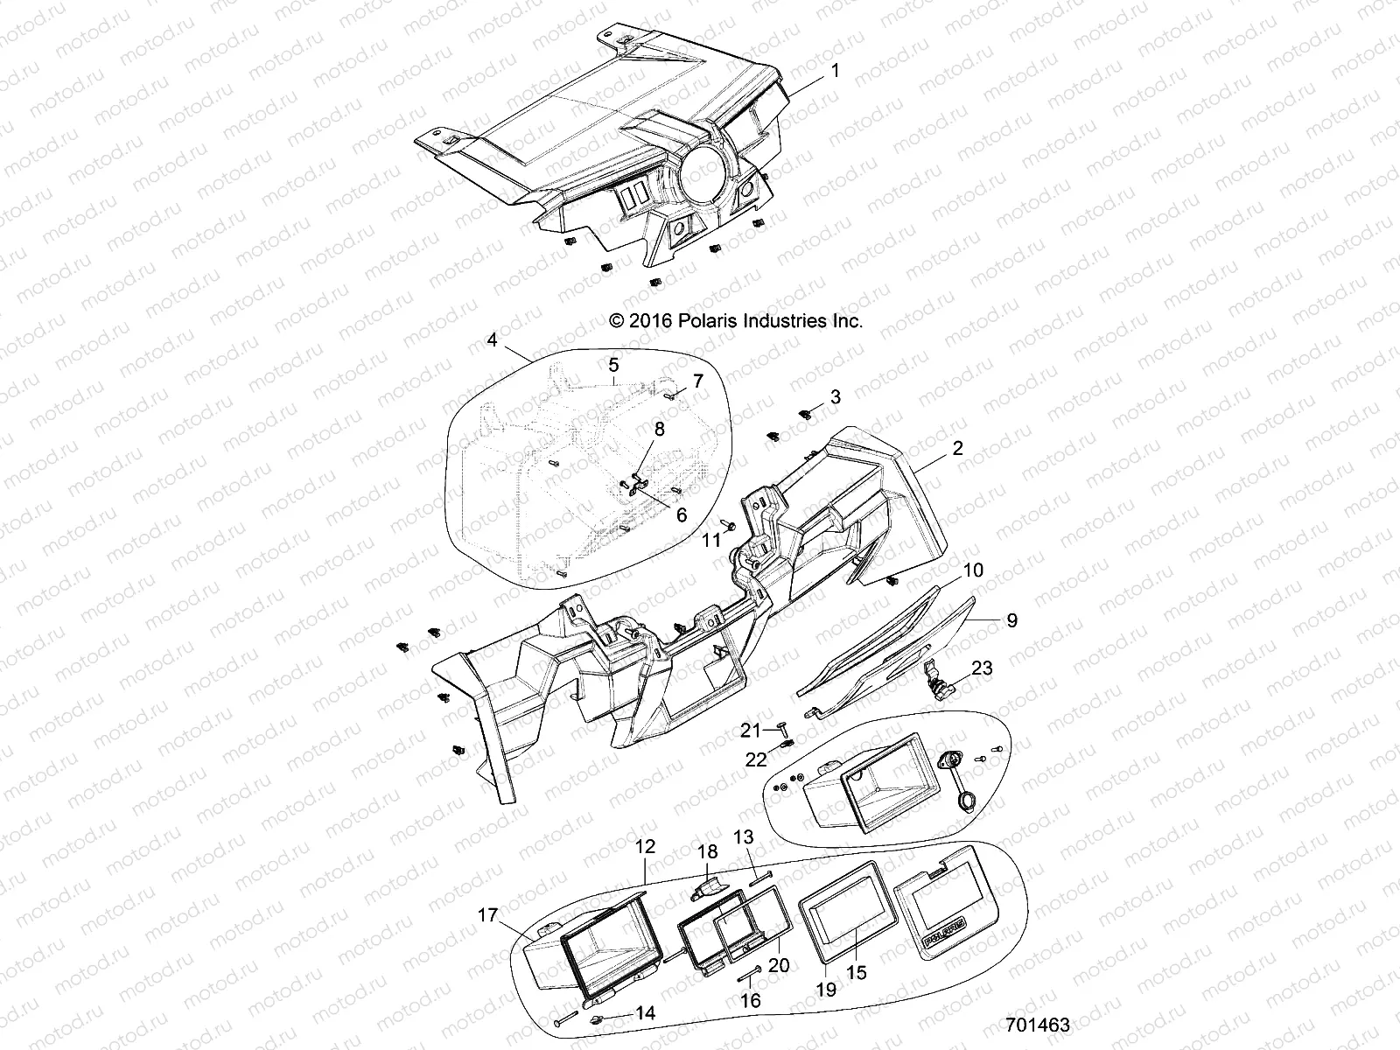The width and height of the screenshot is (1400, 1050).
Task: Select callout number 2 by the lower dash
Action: (x=957, y=448)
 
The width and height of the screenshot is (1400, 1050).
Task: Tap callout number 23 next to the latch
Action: (x=982, y=668)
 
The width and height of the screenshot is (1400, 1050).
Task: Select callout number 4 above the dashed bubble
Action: (x=493, y=339)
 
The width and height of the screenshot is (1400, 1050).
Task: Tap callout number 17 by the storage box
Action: (x=487, y=915)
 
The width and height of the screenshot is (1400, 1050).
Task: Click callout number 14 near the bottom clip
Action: (x=645, y=1013)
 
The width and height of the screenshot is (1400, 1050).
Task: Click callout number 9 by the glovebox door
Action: (x=1011, y=620)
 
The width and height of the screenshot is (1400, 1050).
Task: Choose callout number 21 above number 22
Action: (x=752, y=728)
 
